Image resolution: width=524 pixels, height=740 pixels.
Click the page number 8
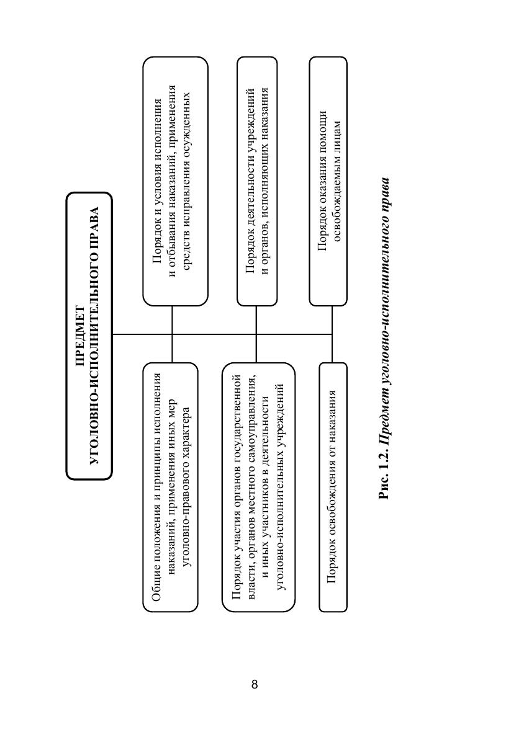point(255,684)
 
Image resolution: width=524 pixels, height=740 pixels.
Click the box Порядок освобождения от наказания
point(333,487)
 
